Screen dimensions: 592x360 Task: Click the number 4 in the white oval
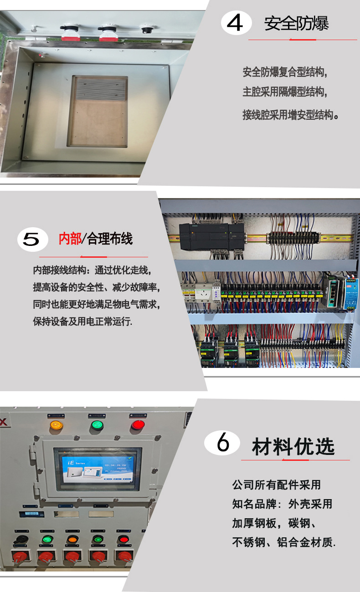tap(236, 24)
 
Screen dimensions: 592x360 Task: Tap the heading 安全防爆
tap(296, 24)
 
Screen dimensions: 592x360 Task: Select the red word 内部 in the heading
tap(70, 239)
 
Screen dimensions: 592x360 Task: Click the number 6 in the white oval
tap(222, 443)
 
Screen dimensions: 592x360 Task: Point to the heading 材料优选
tap(293, 447)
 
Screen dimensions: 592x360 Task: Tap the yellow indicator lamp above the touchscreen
tap(56, 425)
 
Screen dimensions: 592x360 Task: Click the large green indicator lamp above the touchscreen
tap(97, 425)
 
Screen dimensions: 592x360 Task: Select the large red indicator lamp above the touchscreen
tap(137, 425)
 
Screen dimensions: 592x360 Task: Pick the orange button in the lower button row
tap(72, 540)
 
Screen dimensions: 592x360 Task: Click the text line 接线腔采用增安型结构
tap(290, 115)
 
